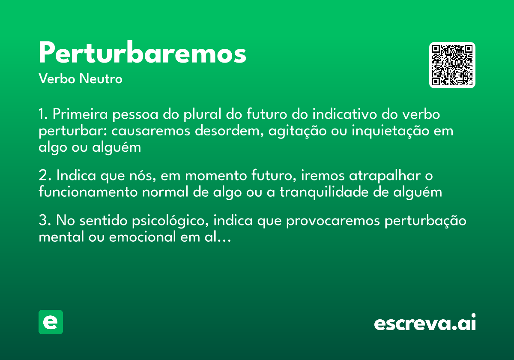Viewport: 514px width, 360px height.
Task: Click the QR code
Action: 452,65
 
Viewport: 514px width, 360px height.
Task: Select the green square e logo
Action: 51,322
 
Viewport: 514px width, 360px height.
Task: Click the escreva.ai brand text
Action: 425,323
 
